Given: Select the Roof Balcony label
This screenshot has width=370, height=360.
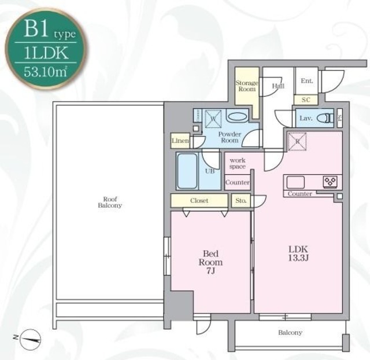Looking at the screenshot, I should click(109, 203).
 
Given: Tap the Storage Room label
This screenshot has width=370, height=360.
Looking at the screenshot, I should click(246, 86).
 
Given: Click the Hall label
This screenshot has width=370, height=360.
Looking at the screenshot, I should click(278, 86).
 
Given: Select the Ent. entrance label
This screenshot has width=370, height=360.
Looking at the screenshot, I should click(307, 81).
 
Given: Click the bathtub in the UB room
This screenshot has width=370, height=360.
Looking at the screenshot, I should click(186, 171).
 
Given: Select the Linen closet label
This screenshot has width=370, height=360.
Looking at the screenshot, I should click(180, 141).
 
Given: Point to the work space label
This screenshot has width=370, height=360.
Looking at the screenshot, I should click(238, 163).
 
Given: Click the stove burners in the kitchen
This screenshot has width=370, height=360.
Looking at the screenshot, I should click(330, 182).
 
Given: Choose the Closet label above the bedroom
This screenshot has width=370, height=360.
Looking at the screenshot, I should click(199, 201).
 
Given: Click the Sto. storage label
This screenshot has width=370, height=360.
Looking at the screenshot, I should click(240, 201).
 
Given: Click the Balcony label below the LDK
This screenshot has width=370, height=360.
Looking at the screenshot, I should click(290, 333).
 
